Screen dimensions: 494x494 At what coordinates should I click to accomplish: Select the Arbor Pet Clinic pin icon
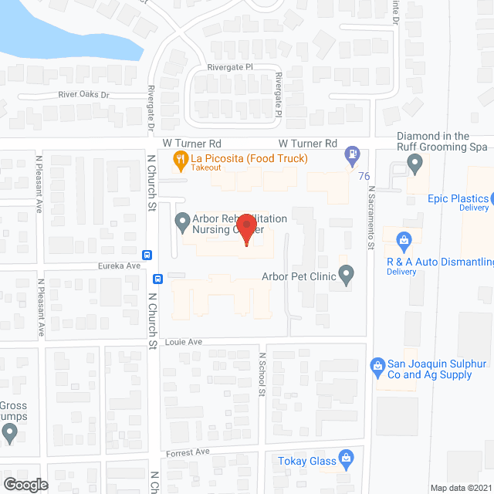346,274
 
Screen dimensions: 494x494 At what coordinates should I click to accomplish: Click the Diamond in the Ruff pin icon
414,164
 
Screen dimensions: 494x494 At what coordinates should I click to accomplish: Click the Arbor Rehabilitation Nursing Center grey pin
182,224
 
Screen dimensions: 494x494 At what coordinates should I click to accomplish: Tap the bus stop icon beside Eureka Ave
146,255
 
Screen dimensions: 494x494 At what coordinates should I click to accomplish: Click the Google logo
25,484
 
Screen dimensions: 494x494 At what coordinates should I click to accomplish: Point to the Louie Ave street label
183,341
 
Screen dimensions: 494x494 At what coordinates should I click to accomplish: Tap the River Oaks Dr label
84,95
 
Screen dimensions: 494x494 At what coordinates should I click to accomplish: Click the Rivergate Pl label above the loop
229,68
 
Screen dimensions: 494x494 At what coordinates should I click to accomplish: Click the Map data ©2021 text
459,488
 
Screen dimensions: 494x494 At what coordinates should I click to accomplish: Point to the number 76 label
364,176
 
